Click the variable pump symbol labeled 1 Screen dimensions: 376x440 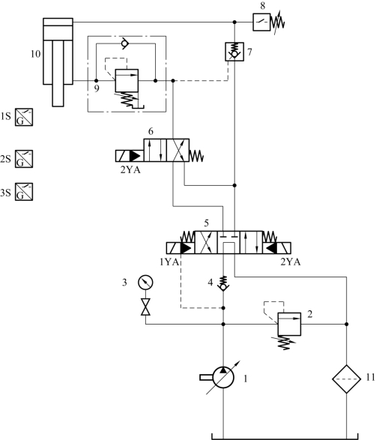point(223,378)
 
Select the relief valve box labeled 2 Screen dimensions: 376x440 point(289,324)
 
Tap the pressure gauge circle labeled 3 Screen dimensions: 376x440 point(145,282)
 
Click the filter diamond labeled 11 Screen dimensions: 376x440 point(347,379)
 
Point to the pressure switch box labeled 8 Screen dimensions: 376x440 point(261,22)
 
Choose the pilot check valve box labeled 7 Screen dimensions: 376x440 point(234,52)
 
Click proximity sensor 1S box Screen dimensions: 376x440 point(24,117)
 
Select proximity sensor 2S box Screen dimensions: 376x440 point(24,159)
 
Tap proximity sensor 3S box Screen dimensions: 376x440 point(24,192)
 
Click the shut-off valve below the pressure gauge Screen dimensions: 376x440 point(145,307)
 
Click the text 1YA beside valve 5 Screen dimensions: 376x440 point(169,262)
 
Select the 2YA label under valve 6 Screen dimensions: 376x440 point(130,169)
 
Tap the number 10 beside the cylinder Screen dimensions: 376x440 point(36,54)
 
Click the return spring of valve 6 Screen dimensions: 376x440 point(196,156)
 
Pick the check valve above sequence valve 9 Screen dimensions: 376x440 point(124,43)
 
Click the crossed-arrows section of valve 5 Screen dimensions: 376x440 point(206,242)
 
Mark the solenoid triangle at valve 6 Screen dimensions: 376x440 point(136,156)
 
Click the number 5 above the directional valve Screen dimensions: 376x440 point(207,223)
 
